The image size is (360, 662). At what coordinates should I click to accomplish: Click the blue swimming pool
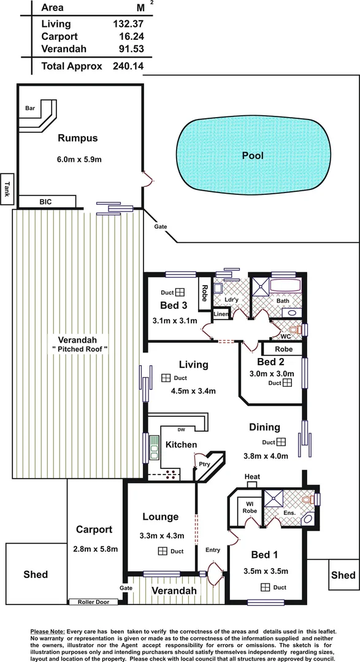point(252,155)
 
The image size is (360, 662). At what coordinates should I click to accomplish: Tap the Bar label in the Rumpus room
point(29,108)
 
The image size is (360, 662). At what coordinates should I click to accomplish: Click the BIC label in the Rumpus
point(45,201)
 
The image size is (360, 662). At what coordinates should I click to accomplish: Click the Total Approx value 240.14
point(128,66)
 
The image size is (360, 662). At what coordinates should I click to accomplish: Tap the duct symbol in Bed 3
point(181,292)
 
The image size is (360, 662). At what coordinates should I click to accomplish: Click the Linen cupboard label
point(221,314)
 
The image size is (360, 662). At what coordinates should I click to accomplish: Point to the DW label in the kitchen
point(180,429)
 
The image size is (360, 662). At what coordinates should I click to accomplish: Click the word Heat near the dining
point(252,476)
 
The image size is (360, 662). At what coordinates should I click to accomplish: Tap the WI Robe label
point(250,508)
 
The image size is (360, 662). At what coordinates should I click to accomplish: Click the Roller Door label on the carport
point(93,602)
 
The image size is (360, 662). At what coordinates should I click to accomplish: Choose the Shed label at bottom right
point(343,575)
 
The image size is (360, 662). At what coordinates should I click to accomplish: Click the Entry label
point(212,550)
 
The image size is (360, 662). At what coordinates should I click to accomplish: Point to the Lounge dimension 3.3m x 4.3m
point(160,534)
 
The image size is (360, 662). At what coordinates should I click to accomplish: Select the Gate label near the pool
point(161,226)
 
